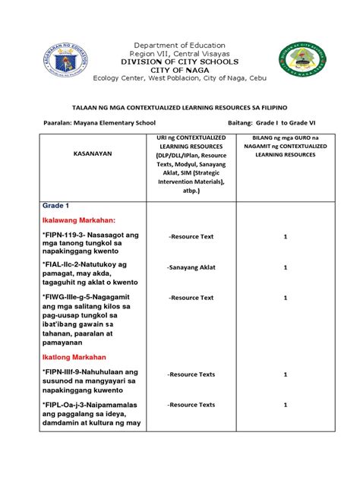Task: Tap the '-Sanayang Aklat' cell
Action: click(x=190, y=267)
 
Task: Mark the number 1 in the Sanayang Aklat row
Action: click(x=285, y=267)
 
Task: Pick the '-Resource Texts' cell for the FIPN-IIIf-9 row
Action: click(x=191, y=374)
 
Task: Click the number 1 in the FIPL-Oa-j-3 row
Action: click(x=285, y=406)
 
